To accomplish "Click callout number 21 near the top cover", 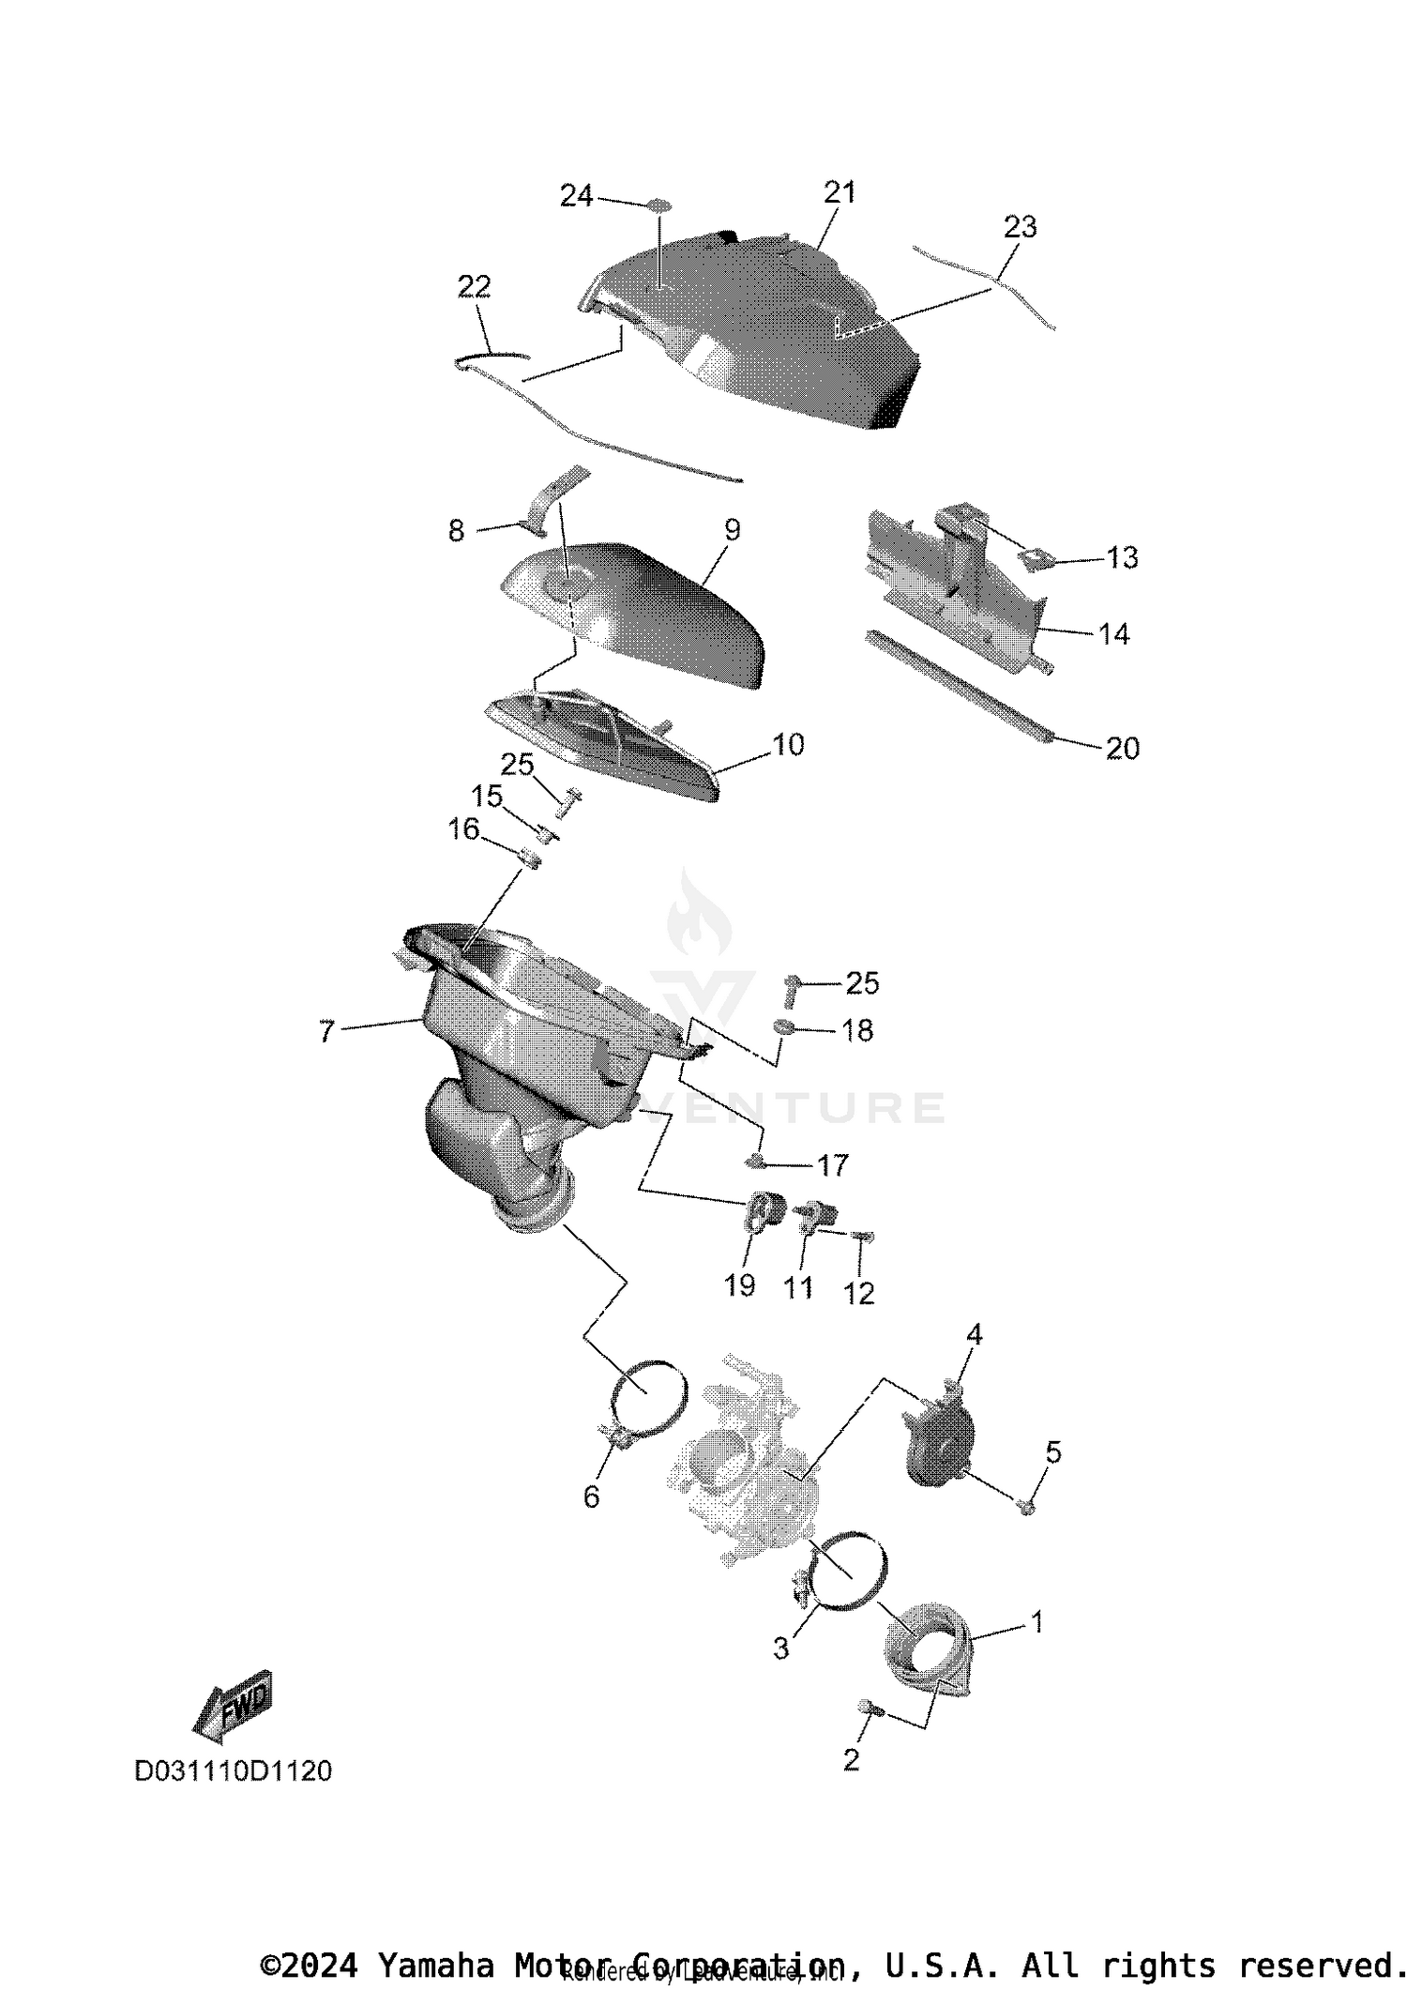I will point(840,192).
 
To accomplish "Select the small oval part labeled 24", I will point(659,204).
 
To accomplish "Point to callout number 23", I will point(1021,227).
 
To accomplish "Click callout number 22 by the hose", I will point(474,286).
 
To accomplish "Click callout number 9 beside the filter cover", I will point(732,530).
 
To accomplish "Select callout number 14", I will point(1113,635).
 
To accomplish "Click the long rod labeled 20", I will point(957,688).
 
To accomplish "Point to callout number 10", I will point(788,745).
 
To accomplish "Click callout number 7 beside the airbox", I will point(325,1032).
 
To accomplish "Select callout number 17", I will point(832,1165).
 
